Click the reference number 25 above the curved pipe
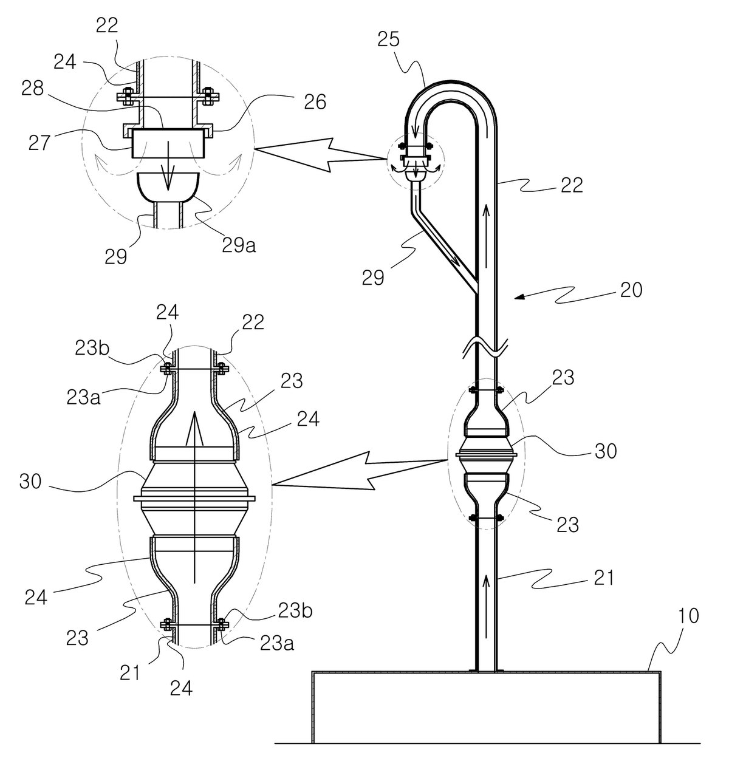[x=388, y=40]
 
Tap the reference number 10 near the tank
[x=688, y=616]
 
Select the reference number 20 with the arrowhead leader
[x=631, y=290]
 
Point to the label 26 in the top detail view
[x=315, y=102]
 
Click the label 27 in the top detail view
[x=39, y=143]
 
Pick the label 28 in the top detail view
[x=32, y=89]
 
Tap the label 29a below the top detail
[x=239, y=245]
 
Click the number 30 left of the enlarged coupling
[x=30, y=482]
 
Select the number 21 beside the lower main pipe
[x=604, y=578]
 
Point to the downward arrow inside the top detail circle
[x=168, y=166]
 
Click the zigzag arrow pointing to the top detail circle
[x=321, y=155]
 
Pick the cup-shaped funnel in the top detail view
[x=168, y=187]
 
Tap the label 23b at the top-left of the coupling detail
[x=91, y=349]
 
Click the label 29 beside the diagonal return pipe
[x=373, y=278]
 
